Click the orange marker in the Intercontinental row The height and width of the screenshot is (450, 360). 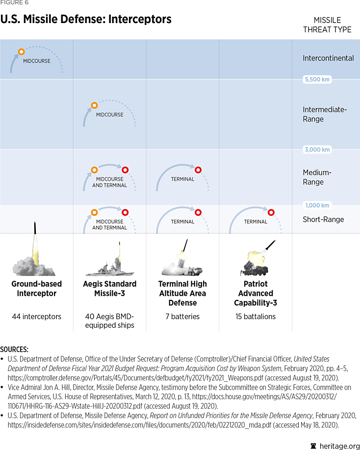pyautogui.click(x=21, y=52)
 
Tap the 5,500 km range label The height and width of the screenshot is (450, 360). pyautogui.click(x=317, y=79)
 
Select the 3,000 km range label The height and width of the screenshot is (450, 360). pyautogui.click(x=317, y=150)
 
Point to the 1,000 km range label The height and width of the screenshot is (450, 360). pyautogui.click(x=317, y=205)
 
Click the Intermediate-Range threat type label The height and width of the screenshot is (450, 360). pyautogui.click(x=325, y=114)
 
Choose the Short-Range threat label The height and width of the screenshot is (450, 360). pyautogui.click(x=323, y=219)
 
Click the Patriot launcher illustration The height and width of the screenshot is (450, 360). pyautogui.click(x=256, y=259)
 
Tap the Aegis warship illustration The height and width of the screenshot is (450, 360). pyautogui.click(x=109, y=265)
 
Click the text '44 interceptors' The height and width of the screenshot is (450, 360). pyautogui.click(x=37, y=317)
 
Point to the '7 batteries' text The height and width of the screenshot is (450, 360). pyautogui.click(x=182, y=317)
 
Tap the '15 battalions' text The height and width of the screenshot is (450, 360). pyautogui.click(x=256, y=317)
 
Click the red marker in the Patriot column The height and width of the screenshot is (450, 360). pyautogui.click(x=271, y=212)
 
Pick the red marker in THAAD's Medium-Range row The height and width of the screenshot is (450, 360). pyautogui.click(x=198, y=170)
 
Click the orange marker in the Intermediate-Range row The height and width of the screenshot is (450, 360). pyautogui.click(x=94, y=105)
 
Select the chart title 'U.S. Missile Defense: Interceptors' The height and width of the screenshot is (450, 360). pyautogui.click(x=86, y=20)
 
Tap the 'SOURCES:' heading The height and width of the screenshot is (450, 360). pyautogui.click(x=14, y=349)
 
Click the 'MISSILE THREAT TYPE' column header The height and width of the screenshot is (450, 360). pyautogui.click(x=327, y=25)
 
